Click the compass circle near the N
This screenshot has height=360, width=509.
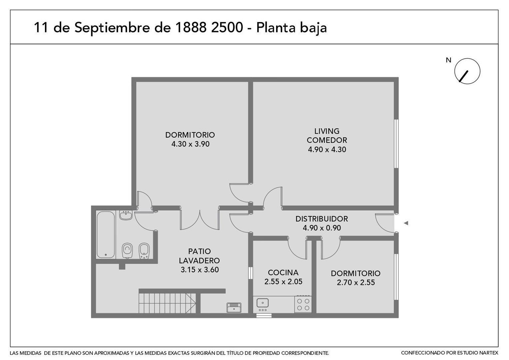coord(467,71)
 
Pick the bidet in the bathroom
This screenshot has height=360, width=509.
coord(144,251)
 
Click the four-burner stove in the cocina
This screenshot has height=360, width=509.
coord(303,304)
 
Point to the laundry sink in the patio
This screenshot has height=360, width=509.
coord(234,307)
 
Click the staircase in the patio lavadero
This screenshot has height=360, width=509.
coord(168,303)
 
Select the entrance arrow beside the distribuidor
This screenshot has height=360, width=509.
coord(405,223)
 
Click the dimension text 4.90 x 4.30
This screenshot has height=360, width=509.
coord(327,149)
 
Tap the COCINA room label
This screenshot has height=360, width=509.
coord(283,272)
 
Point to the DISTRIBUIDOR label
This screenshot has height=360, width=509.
coord(321,219)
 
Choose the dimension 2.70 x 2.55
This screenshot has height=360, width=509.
coord(355,283)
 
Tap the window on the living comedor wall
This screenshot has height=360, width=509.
coord(396,144)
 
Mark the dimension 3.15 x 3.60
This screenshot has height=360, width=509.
coord(200,270)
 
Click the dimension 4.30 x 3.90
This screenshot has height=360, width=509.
coord(190,144)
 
